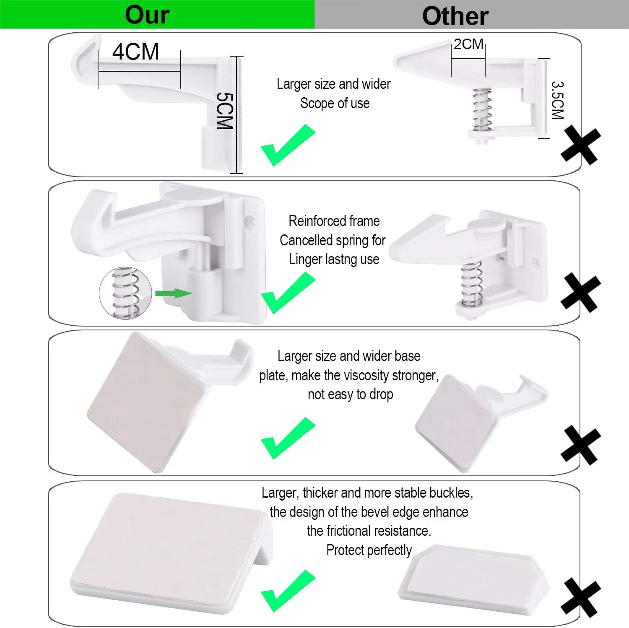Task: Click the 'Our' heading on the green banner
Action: (147, 15)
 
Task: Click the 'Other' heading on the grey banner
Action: (455, 16)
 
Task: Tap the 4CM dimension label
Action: (136, 52)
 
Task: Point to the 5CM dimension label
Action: (224, 111)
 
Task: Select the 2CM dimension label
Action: (468, 44)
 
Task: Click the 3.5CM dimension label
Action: (557, 100)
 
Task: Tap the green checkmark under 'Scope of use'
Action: (288, 145)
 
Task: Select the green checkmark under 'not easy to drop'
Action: (288, 438)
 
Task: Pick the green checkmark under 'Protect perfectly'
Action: (288, 591)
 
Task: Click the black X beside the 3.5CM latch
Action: (581, 146)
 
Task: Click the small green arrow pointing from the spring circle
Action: (173, 293)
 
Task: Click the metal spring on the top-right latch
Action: (482, 110)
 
